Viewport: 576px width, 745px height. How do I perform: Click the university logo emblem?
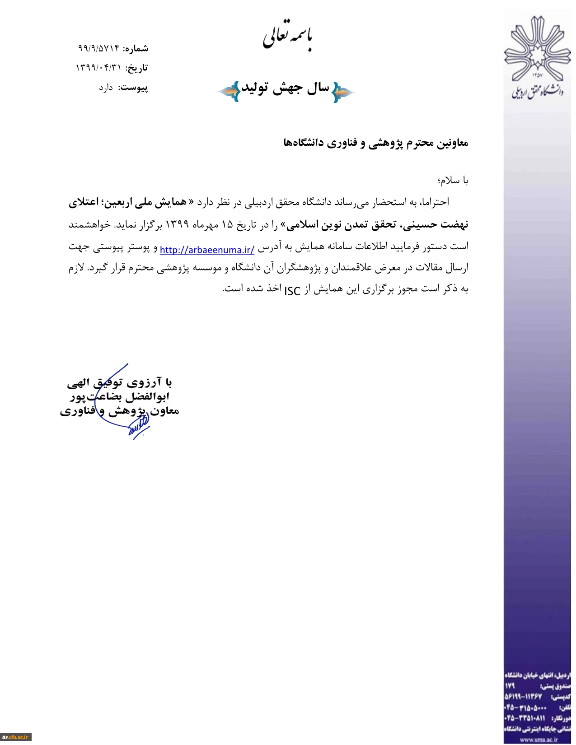coord(537,48)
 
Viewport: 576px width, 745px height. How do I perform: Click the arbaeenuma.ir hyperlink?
coord(207,250)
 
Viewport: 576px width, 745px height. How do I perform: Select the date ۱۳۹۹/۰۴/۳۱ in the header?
coord(98,68)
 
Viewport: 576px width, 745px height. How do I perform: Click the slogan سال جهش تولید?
coord(286,88)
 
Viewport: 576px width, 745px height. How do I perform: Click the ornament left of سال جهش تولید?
coord(229,92)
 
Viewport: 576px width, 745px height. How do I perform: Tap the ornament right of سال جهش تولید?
coord(343,92)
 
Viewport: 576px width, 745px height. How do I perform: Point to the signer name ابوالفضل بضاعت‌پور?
coord(120,397)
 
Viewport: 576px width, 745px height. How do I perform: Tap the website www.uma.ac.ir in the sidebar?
coord(539,740)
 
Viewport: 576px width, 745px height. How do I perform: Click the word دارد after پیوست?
coord(106,88)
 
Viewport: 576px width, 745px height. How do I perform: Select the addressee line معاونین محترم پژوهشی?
coord(375,143)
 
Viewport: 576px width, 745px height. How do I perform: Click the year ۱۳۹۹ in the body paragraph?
coord(177,224)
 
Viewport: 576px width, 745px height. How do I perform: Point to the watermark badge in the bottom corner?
coord(15,737)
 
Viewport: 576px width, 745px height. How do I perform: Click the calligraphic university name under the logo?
coord(538,91)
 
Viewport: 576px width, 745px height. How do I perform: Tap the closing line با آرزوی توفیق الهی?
coord(119,383)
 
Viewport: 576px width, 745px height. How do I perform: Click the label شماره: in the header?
coord(136,48)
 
